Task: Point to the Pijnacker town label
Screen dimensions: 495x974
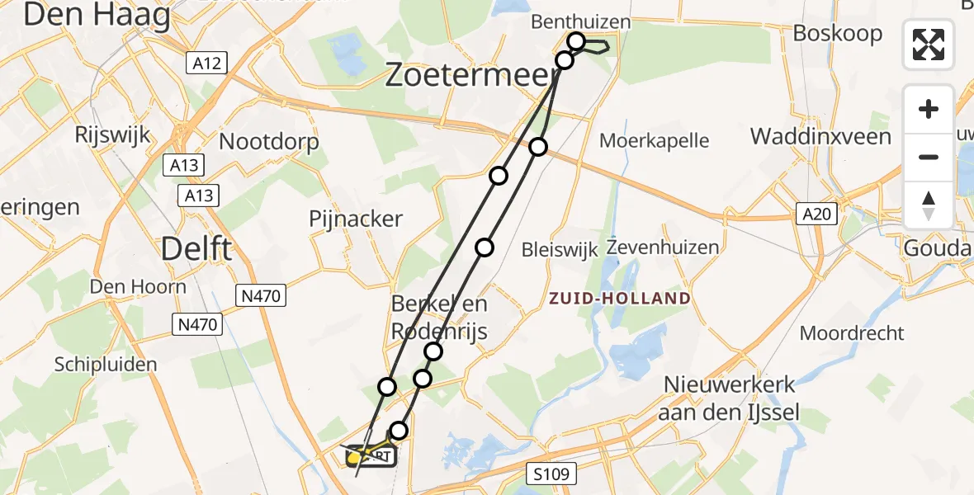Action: (x=356, y=219)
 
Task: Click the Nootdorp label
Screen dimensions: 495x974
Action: (x=268, y=142)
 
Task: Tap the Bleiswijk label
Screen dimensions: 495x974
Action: (x=559, y=249)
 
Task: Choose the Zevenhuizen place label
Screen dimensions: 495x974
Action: (x=663, y=247)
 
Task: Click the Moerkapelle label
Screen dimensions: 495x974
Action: (x=655, y=140)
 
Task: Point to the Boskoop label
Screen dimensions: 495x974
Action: (x=838, y=34)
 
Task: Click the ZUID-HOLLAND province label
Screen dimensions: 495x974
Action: (x=619, y=298)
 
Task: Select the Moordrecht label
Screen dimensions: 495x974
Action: (x=852, y=333)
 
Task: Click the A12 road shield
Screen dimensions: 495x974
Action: (x=208, y=64)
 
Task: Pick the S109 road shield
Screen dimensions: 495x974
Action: (x=550, y=473)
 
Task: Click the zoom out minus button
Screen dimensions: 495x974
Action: (x=929, y=157)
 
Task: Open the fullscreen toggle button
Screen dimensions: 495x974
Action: (x=929, y=45)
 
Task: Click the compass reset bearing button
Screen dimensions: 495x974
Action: (x=929, y=205)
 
